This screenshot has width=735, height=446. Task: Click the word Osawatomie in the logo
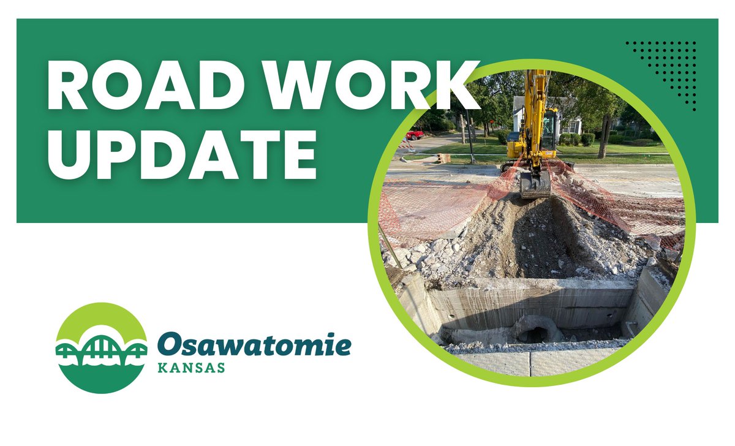pyautogui.click(x=254, y=346)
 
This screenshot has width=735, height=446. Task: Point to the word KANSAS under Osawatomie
pyautogui.click(x=191, y=369)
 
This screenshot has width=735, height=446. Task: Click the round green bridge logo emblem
pyautogui.click(x=102, y=347)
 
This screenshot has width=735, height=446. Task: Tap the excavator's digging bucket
pyautogui.click(x=535, y=184)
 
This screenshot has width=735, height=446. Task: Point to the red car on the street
pyautogui.click(x=414, y=134)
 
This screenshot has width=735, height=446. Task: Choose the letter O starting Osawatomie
pyautogui.click(x=170, y=346)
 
